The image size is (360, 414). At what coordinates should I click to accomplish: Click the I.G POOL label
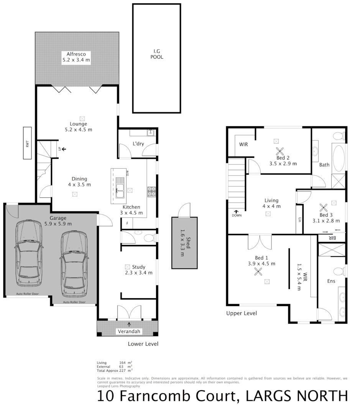click(156, 54)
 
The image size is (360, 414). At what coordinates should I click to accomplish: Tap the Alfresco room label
click(76, 57)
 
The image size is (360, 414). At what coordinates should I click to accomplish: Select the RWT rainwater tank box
click(27, 143)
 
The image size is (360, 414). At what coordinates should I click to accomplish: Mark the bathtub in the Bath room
click(338, 158)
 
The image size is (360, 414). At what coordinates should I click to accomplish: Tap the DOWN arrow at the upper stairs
click(237, 211)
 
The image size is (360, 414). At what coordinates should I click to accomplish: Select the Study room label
click(139, 267)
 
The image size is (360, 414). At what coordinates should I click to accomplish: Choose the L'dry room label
click(138, 143)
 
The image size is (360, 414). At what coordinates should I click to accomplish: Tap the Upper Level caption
click(241, 313)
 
